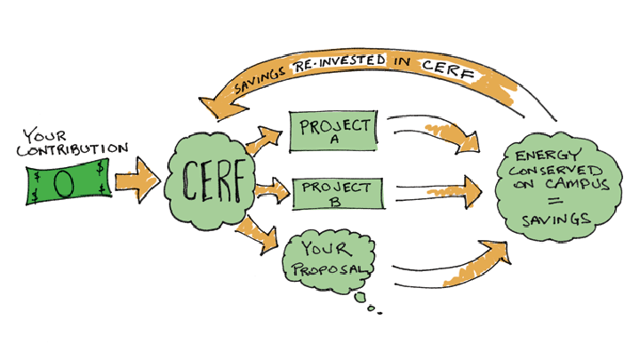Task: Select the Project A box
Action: (x=332, y=131)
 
